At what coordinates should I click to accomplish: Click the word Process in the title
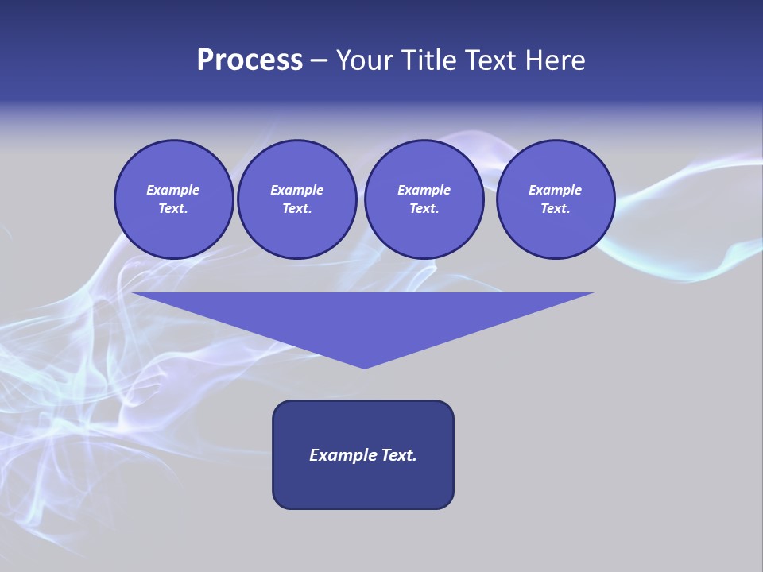coord(250,60)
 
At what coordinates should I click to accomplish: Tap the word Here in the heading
coord(552,60)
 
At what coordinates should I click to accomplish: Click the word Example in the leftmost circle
coord(173,190)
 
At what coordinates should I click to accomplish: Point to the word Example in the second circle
coord(296,190)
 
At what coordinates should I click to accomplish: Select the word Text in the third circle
coord(423,208)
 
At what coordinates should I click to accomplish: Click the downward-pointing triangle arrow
coord(363,318)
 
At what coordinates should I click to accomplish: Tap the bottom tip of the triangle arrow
coord(364,366)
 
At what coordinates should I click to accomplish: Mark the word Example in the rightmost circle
coord(555,190)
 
